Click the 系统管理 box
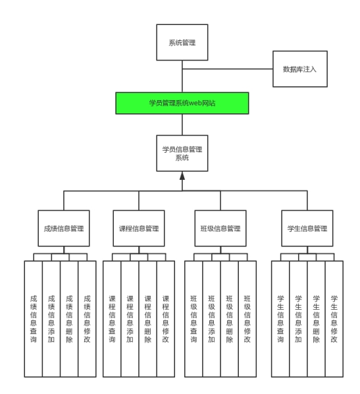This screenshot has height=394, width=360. pos(182,42)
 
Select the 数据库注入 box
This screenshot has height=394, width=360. pos(300,69)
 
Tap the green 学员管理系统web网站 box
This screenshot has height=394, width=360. pos(182,103)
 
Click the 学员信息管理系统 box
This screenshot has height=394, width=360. pos(182,154)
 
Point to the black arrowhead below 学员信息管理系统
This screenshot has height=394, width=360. pos(182,176)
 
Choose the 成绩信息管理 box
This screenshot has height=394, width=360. pos(64,228)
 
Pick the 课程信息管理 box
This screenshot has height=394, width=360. pos(139,228)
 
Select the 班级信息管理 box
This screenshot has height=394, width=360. pos(220,228)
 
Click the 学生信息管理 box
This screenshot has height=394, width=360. pos(307,228)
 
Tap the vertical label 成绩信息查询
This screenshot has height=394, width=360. pos(34,319)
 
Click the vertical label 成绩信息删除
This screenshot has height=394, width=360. pos(69,319)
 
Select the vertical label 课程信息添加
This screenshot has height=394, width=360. pos(130,319)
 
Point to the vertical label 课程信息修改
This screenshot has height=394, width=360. pos(166,319)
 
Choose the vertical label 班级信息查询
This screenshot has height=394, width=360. pos(193,319)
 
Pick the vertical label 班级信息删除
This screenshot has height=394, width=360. pos(230,319)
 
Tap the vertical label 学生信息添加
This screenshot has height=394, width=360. pos(298,319)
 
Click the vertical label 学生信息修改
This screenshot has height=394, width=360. pos(334,319)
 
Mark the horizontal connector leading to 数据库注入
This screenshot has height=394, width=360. pos(228,69)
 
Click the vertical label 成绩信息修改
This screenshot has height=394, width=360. pos(87,319)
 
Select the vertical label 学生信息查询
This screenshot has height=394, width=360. pos(280,319)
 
